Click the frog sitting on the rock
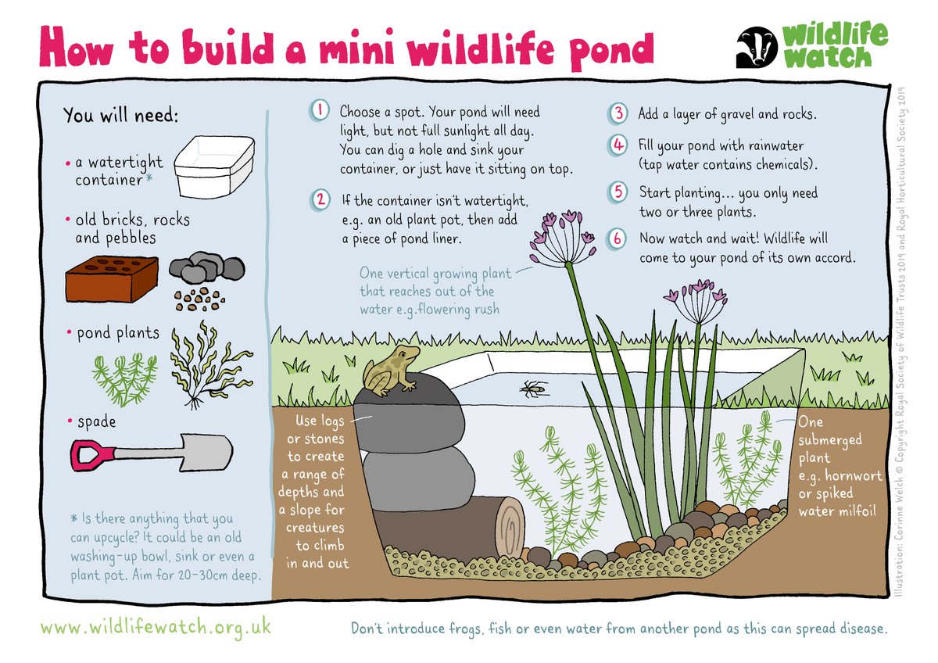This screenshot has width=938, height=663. [x=391, y=368]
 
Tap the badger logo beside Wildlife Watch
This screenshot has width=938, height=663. [x=755, y=48]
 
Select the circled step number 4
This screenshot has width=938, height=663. [x=618, y=146]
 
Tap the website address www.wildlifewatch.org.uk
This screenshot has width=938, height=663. [x=156, y=627]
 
